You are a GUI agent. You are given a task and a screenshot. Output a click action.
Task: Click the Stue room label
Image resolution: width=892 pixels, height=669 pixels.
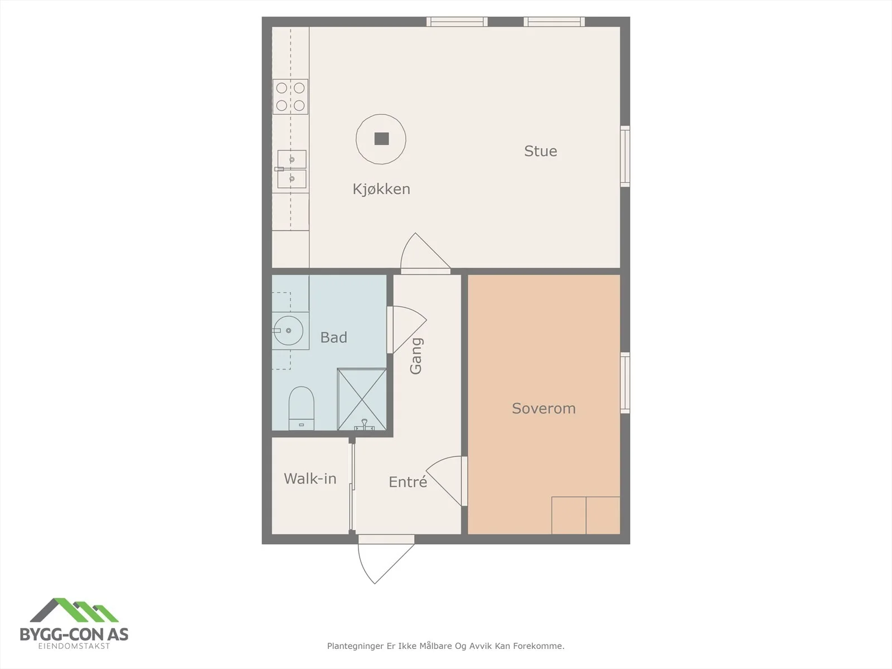click(x=540, y=151)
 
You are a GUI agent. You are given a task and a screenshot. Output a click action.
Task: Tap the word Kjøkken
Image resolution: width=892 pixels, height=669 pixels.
click(x=381, y=189)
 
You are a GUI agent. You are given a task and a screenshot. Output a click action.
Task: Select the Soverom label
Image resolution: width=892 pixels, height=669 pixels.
click(x=544, y=408)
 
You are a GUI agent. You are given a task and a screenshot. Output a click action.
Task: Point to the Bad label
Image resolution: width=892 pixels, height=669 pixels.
click(x=333, y=337)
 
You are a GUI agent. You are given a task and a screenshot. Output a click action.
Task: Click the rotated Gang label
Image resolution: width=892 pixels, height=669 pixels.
click(x=416, y=356)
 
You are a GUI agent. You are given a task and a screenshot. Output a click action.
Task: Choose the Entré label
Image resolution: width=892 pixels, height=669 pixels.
click(x=408, y=482)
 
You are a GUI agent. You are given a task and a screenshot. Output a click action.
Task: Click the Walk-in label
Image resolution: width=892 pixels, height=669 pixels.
click(x=310, y=478)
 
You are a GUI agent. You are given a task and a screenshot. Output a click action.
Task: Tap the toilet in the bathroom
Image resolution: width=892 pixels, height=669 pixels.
click(x=302, y=408)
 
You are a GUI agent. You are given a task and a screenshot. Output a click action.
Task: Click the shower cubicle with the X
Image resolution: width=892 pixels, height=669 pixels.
click(x=362, y=399)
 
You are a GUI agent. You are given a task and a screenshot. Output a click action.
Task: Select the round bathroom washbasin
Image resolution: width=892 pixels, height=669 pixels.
click(x=288, y=331)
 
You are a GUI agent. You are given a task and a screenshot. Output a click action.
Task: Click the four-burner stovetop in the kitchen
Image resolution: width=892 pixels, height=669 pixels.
click(x=290, y=96)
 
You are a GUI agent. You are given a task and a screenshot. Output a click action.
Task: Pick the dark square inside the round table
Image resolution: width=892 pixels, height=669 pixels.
click(x=381, y=139)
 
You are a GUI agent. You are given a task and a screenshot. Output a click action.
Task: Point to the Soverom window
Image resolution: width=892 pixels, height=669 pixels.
click(x=625, y=383)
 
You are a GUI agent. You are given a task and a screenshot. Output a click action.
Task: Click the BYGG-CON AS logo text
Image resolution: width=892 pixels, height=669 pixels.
click(x=74, y=634)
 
